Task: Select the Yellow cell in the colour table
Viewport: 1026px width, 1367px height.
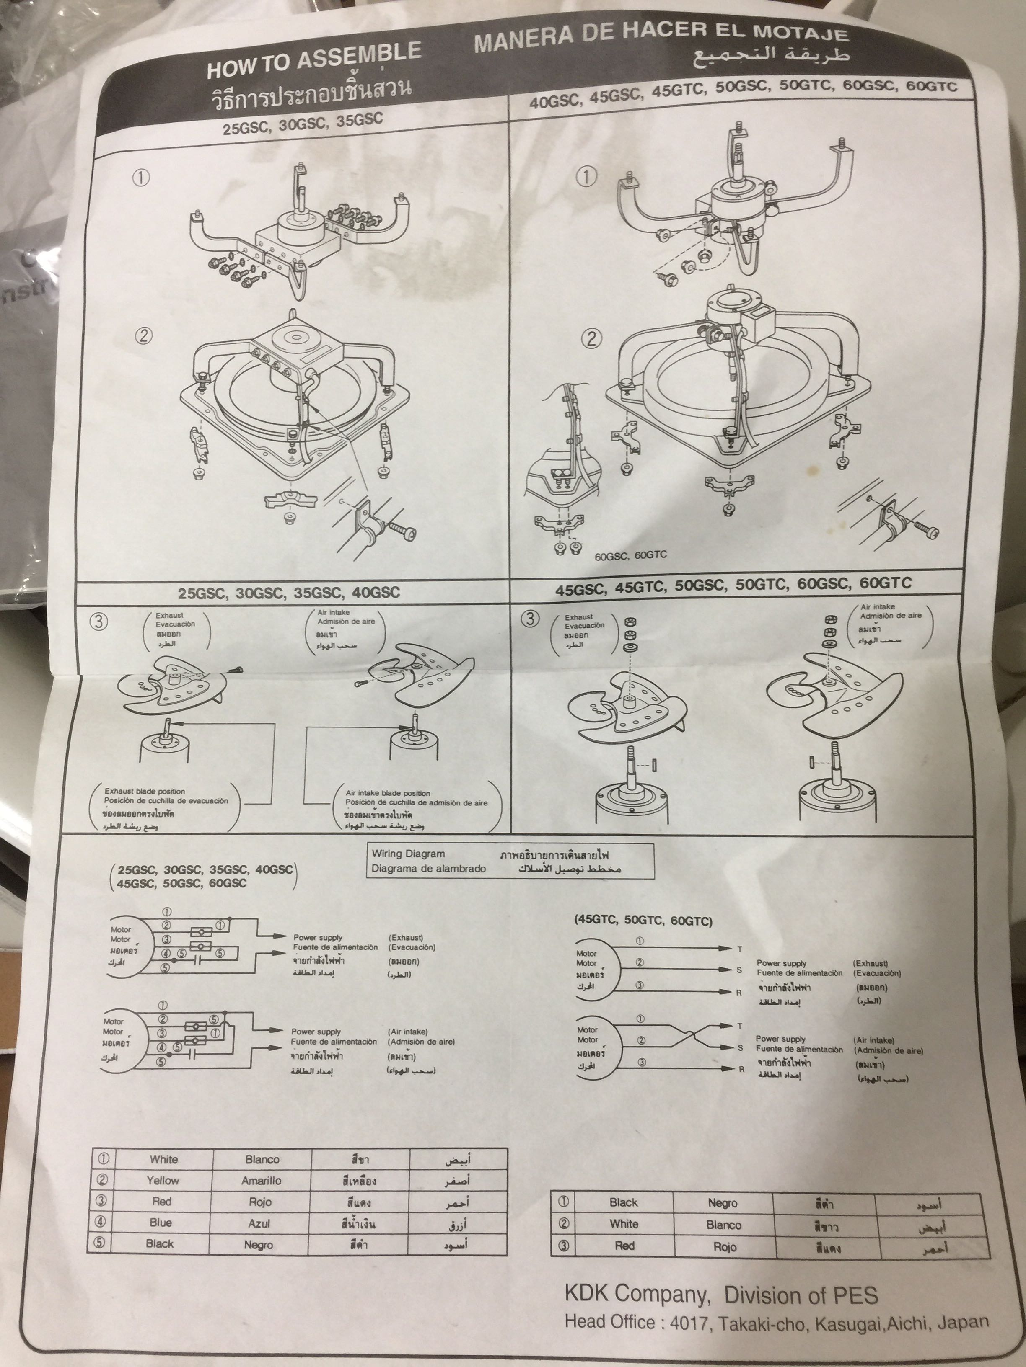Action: pos(163,1180)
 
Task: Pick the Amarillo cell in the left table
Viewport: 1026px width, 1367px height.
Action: pos(261,1180)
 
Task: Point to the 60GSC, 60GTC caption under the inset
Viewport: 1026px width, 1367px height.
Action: pos(631,555)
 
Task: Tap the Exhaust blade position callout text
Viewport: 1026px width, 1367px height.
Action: pos(144,791)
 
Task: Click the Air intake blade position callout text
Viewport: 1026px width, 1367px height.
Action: pos(388,793)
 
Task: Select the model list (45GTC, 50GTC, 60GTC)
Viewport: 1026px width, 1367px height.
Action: pos(643,920)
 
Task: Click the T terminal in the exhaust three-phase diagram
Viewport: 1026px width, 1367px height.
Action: pos(739,949)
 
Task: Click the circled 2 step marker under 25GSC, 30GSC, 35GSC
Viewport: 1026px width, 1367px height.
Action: pos(143,336)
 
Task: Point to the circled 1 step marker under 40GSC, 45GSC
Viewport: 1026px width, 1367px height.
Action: pos(586,177)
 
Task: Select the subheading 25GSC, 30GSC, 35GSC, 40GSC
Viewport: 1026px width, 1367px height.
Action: pos(289,593)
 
